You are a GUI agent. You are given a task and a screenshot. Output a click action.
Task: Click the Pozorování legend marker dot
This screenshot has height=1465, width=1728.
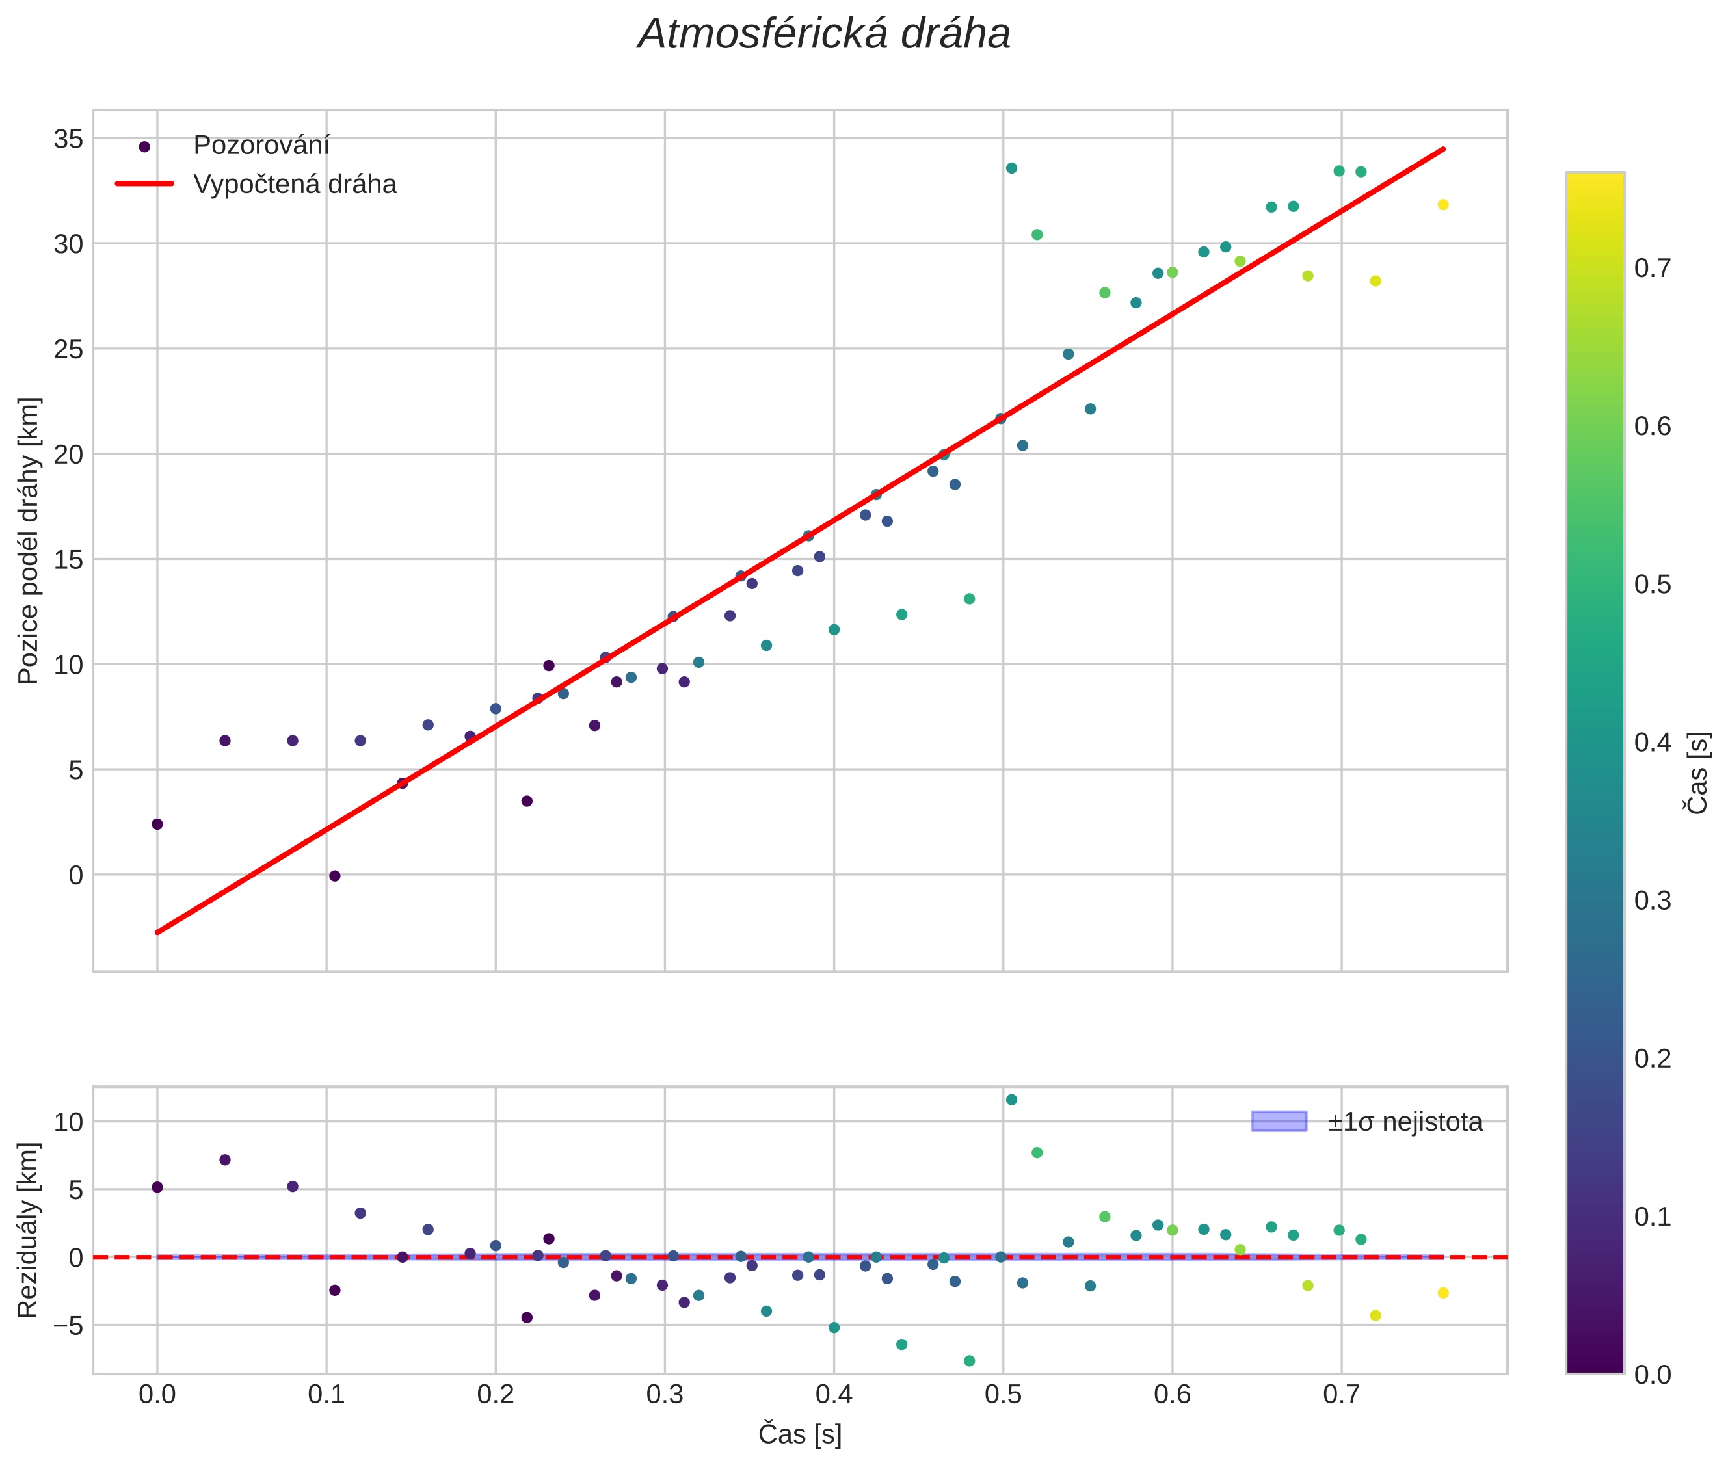pyautogui.click(x=144, y=147)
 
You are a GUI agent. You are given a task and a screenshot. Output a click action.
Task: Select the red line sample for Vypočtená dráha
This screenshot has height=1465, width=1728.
pyautogui.click(x=144, y=183)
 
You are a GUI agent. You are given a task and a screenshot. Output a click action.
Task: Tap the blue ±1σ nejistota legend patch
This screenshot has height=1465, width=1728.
pyautogui.click(x=1279, y=1121)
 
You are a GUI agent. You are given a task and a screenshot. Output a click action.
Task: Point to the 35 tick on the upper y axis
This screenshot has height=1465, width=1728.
pyautogui.click(x=68, y=139)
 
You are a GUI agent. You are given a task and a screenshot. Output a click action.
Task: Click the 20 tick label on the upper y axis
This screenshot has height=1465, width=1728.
pyautogui.click(x=68, y=455)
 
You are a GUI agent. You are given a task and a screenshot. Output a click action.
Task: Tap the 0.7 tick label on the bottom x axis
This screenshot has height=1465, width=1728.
pyautogui.click(x=1341, y=1393)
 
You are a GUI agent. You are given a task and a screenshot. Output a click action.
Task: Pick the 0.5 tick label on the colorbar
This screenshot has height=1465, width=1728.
pyautogui.click(x=1653, y=585)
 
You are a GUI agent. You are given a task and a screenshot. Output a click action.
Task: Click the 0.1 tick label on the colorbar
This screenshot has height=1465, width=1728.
pyautogui.click(x=1653, y=1217)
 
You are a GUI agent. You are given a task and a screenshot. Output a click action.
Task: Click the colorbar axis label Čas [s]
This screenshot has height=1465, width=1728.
pyautogui.click(x=1698, y=772)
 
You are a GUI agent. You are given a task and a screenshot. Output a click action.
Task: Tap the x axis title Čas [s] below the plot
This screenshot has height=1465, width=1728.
pyautogui.click(x=799, y=1434)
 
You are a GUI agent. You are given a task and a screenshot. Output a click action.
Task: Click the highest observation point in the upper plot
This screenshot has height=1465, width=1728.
pyautogui.click(x=1011, y=168)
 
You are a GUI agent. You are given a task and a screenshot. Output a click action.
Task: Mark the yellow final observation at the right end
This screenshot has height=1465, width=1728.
pyautogui.click(x=1443, y=204)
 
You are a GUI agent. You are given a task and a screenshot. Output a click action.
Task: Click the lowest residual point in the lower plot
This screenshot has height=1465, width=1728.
pyautogui.click(x=968, y=1360)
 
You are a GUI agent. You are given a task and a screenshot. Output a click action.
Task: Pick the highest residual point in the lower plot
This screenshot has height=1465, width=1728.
pyautogui.click(x=1011, y=1100)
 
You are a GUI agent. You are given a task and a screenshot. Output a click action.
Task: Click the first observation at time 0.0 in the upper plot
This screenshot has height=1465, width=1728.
pyautogui.click(x=157, y=824)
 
